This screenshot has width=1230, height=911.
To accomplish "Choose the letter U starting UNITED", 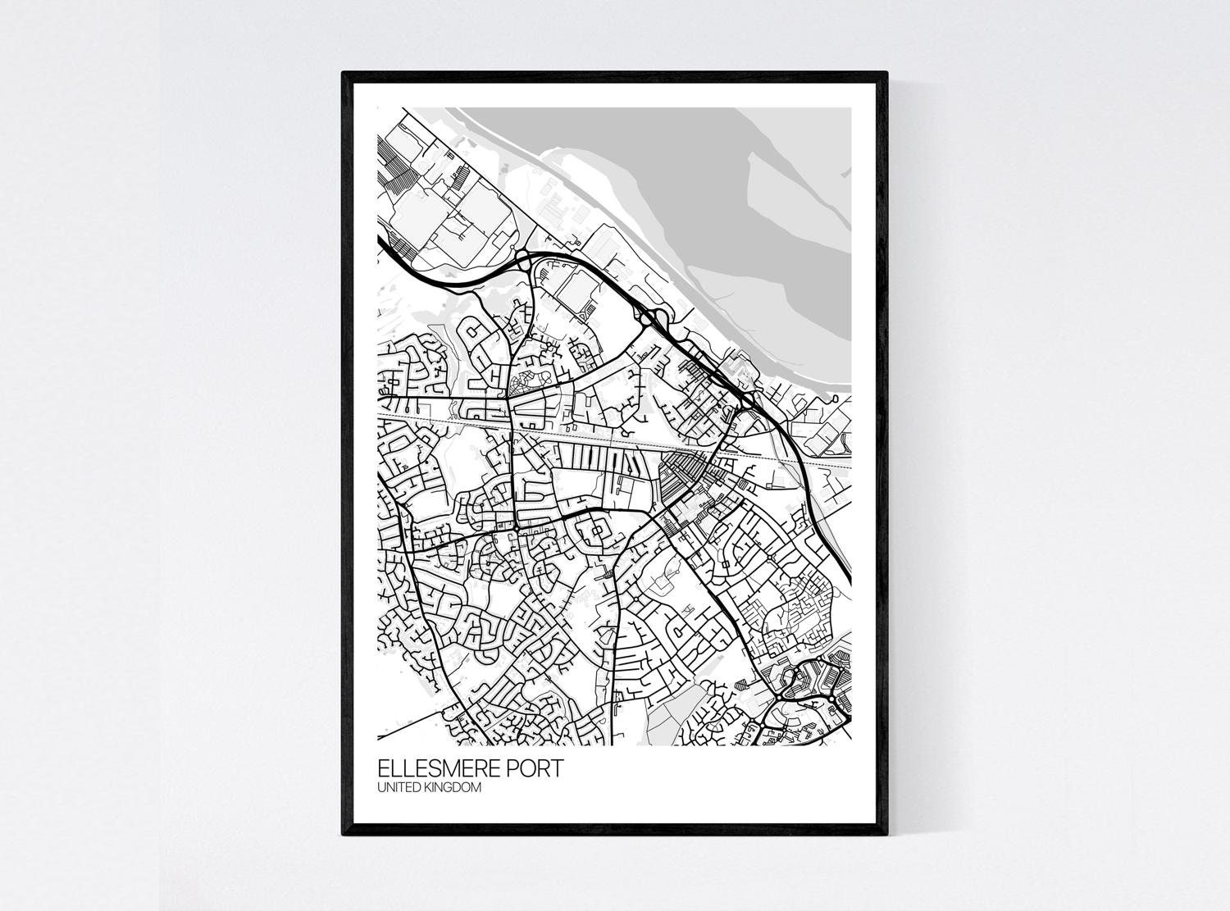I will click(380, 788).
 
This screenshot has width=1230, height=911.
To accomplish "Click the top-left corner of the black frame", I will click(344, 73).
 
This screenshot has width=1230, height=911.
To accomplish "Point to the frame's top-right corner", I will click(887, 73).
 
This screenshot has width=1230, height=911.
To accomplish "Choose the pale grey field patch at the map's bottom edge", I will click(664, 713).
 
